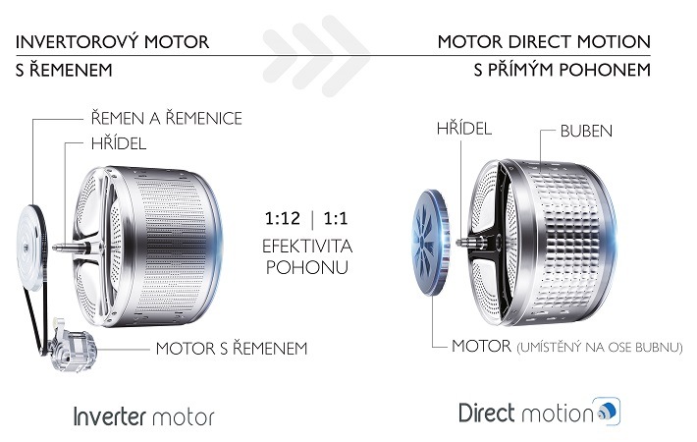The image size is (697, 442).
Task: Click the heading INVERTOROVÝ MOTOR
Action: coord(113,41)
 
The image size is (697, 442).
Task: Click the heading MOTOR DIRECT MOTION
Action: coord(544,42)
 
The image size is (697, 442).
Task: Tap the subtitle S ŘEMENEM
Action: coord(64,70)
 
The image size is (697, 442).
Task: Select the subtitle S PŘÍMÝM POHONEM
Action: coord(563,69)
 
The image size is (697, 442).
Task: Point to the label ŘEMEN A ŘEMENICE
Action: coord(167,118)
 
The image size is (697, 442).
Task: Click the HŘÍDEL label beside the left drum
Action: coord(119,143)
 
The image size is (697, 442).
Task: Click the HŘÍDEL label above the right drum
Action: coord(464,128)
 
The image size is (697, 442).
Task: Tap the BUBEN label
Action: coord(586,131)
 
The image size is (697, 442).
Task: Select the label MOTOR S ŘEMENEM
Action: coord(232,348)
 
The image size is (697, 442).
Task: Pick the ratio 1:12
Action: coord(283,218)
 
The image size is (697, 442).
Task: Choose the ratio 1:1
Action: coord(336,218)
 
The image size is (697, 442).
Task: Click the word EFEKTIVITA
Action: coord(307,246)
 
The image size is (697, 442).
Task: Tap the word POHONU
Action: coord(307,267)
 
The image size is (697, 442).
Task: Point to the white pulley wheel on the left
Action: coord(30,248)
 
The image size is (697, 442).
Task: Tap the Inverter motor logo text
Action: coord(143,416)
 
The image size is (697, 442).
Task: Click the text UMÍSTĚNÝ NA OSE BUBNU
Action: coord(600,348)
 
